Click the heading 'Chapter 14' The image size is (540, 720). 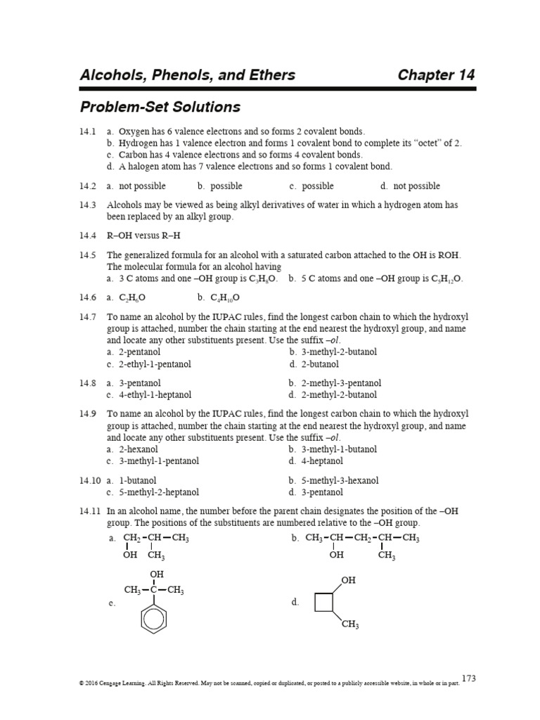436,75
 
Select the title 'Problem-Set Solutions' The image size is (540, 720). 160,108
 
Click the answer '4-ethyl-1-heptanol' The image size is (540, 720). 155,395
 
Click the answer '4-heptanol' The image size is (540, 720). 322,461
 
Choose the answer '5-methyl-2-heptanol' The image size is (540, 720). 159,492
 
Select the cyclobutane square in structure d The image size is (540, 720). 325,603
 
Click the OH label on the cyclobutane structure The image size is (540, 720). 348,581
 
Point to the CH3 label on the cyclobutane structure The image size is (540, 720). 349,625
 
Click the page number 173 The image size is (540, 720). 469,678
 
